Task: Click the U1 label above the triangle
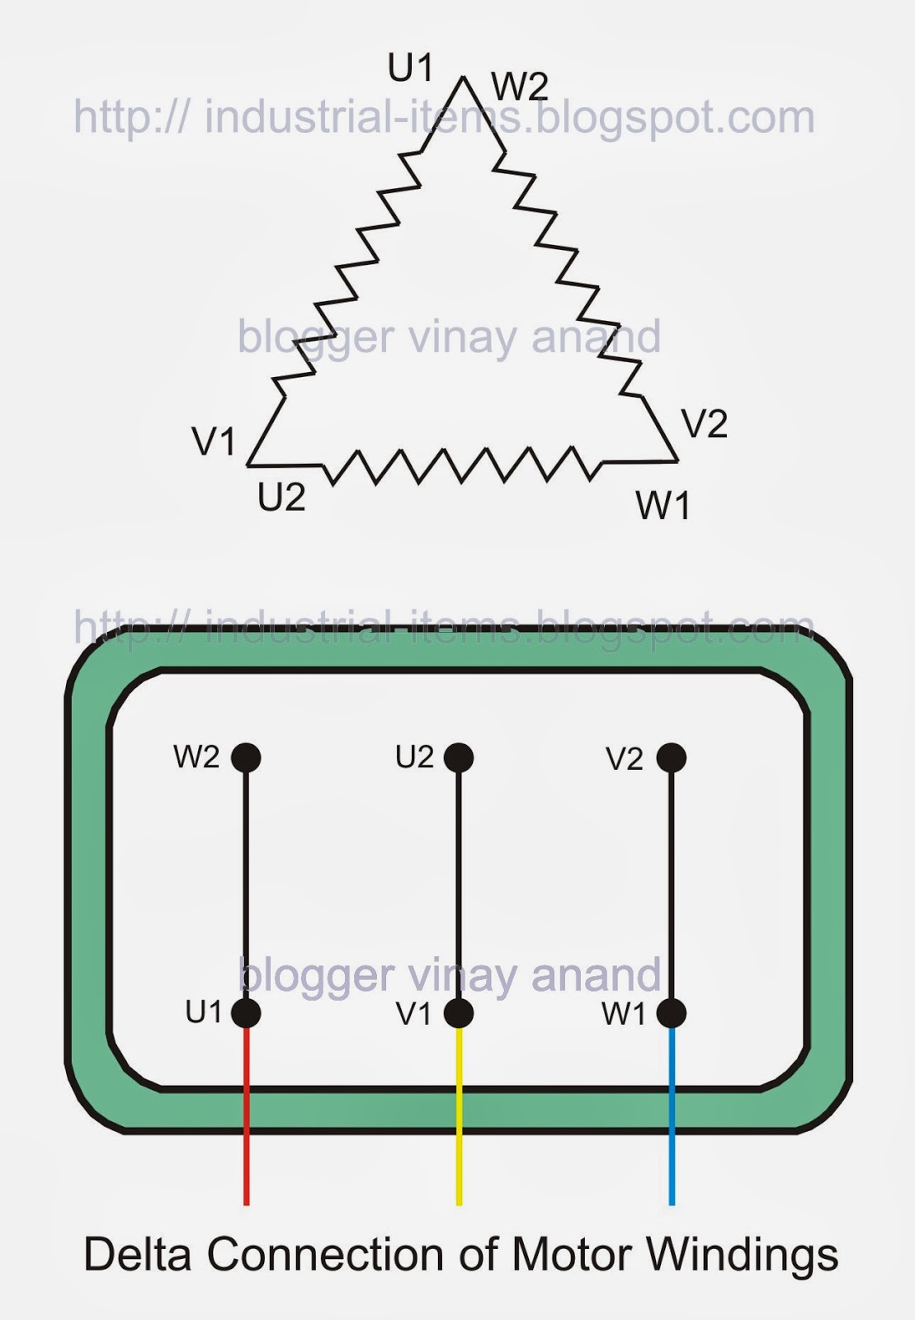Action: click(410, 68)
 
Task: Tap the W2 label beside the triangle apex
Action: click(519, 87)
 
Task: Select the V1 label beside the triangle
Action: click(215, 442)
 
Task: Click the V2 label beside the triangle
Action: click(705, 425)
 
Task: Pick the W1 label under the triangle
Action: click(663, 506)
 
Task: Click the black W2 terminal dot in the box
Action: click(246, 757)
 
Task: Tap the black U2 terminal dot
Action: click(459, 757)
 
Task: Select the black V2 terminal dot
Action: click(672, 757)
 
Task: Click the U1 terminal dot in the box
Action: click(246, 1013)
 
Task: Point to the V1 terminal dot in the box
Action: click(459, 1013)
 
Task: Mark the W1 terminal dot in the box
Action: click(672, 1013)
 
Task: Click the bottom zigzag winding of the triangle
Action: click(462, 465)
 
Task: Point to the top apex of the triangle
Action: click(464, 78)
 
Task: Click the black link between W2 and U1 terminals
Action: click(246, 883)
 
